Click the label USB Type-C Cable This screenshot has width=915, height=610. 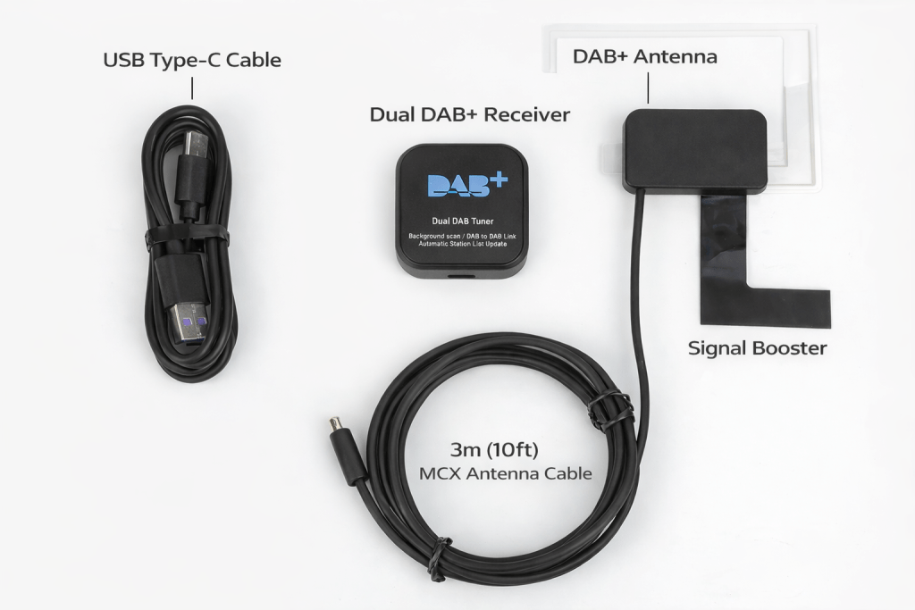[x=192, y=61]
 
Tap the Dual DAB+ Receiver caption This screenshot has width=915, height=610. [x=469, y=115]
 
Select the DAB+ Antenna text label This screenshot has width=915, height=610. [x=644, y=57]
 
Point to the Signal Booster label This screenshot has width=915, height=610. [x=757, y=348]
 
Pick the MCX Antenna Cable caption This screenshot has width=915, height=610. [x=506, y=473]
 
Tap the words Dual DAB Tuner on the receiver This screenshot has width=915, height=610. [x=462, y=221]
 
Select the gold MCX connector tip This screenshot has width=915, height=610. [x=335, y=422]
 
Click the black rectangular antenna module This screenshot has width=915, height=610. [x=695, y=149]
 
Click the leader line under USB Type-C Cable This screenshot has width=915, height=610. [x=192, y=88]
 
